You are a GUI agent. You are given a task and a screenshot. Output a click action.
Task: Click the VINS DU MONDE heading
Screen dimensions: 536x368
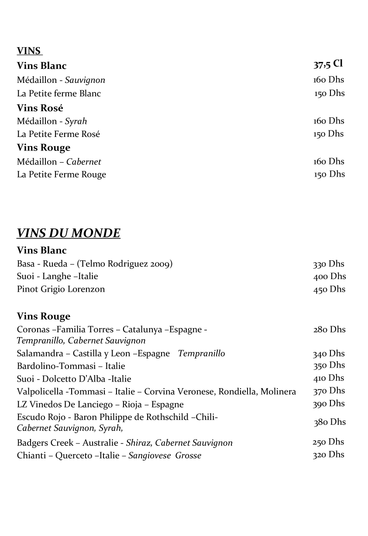(x=69, y=233)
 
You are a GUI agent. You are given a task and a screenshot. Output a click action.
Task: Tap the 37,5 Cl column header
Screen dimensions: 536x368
(x=328, y=65)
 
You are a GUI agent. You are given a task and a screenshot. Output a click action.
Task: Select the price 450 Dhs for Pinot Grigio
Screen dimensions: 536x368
(x=329, y=289)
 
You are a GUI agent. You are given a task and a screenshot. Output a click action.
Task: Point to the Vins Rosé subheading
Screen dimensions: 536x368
(x=40, y=108)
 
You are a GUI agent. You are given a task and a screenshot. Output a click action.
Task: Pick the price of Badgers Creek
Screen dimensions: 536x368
(x=328, y=442)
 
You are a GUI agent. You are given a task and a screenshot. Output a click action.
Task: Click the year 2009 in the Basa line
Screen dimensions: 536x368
(x=159, y=264)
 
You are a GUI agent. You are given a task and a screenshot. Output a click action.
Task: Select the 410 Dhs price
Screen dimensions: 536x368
(x=329, y=378)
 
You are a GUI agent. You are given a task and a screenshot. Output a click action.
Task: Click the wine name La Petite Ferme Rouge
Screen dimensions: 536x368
(x=62, y=175)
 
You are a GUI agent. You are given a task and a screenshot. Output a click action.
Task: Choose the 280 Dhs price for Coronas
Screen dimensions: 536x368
(x=329, y=330)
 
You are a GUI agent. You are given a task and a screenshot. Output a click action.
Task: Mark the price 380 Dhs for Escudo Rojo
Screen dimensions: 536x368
(x=330, y=422)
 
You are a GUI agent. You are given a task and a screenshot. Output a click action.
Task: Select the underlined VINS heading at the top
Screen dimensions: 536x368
(x=29, y=51)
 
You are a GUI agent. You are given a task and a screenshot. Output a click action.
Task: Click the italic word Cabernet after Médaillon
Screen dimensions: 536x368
(x=83, y=162)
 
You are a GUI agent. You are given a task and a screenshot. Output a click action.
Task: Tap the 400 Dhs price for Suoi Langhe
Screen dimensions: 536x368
(x=329, y=277)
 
